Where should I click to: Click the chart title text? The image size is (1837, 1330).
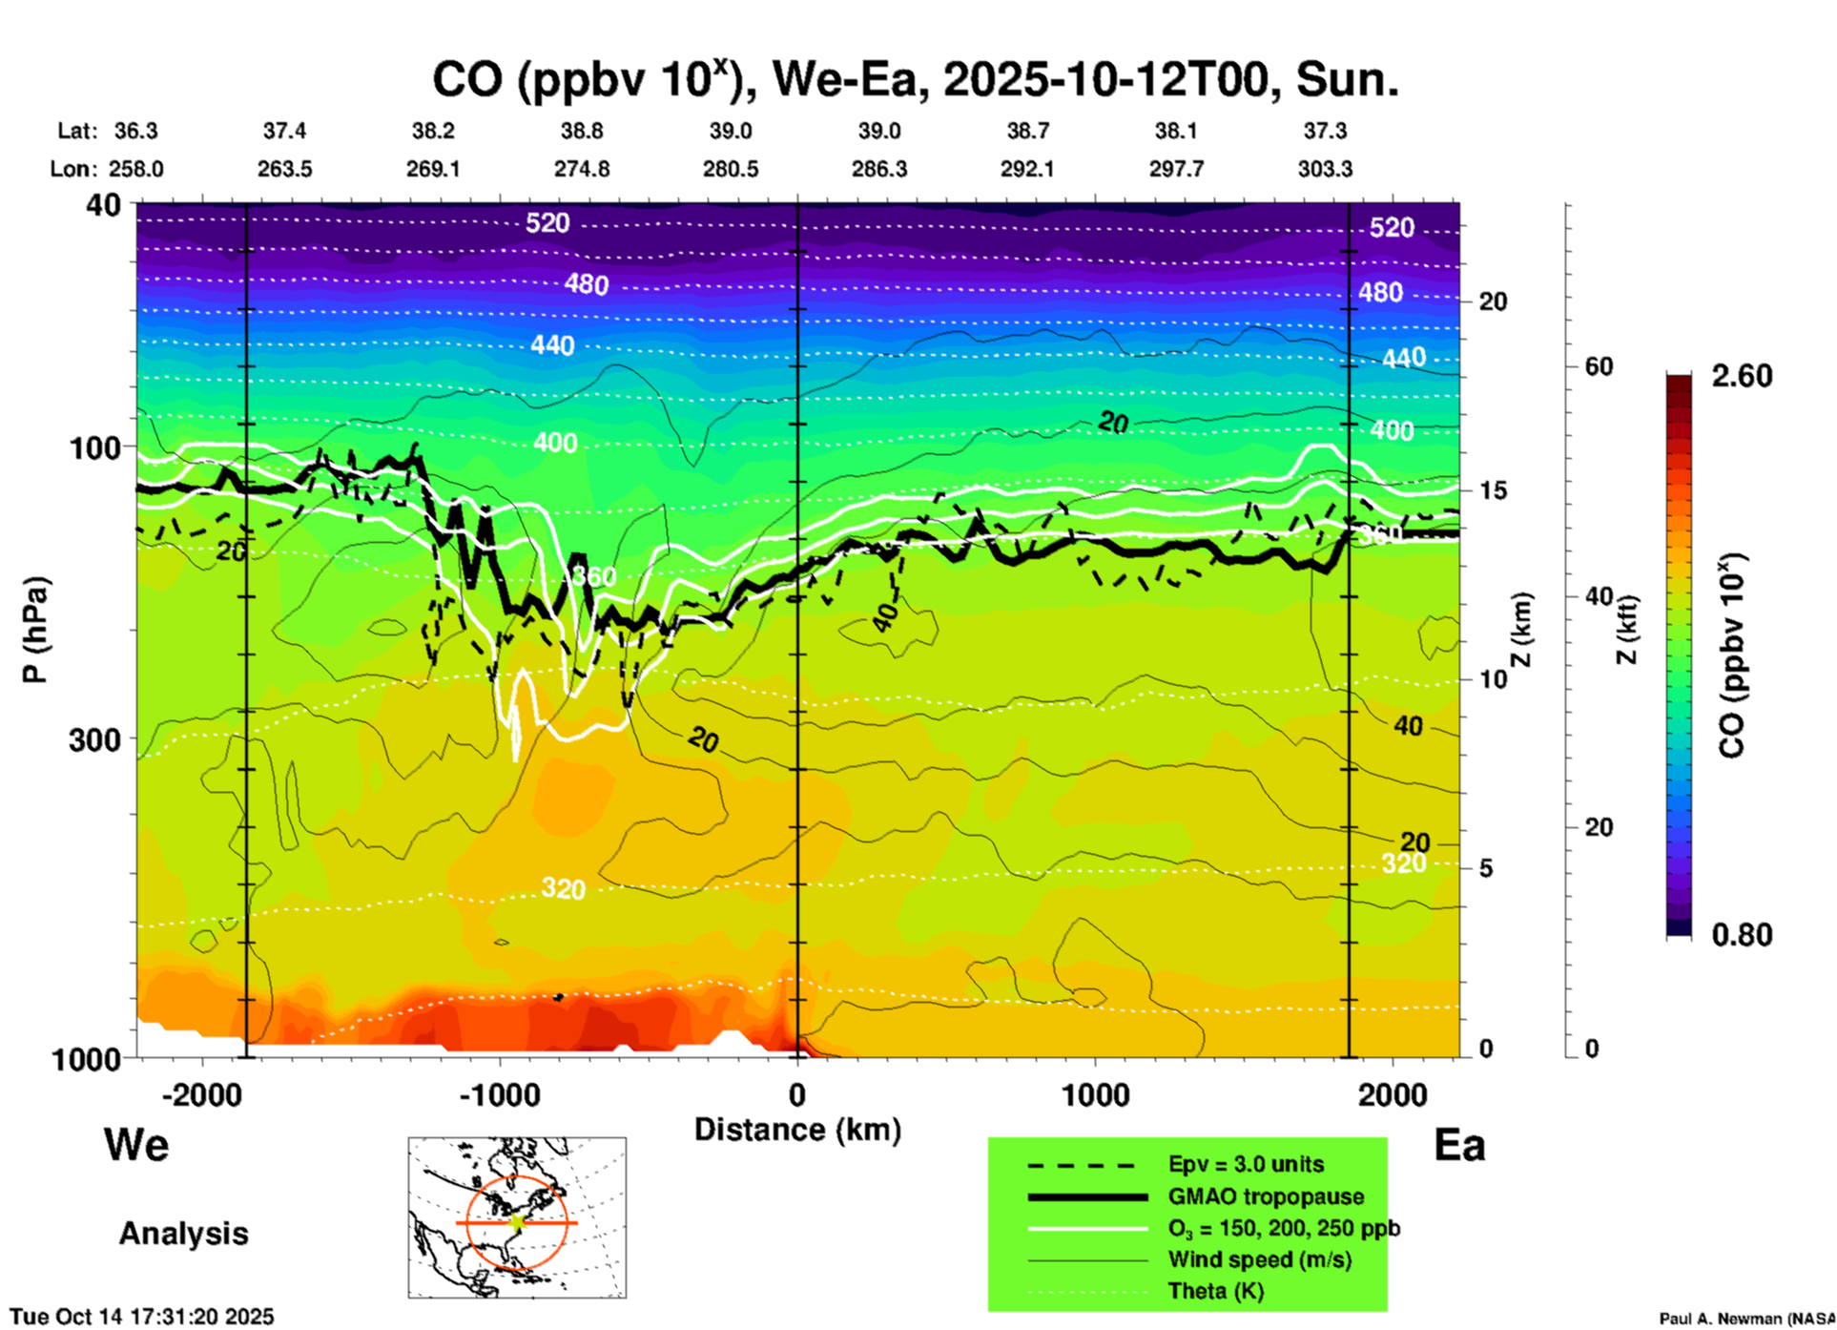pyautogui.click(x=915, y=79)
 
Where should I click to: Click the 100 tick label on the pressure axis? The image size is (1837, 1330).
pyautogui.click(x=95, y=447)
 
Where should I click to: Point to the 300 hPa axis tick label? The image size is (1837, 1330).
pyautogui.click(x=94, y=739)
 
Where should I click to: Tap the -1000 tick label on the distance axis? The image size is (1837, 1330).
pyautogui.click(x=499, y=1094)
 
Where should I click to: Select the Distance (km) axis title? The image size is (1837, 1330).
pyautogui.click(x=797, y=1130)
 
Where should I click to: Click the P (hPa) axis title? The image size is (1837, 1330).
pyautogui.click(x=35, y=630)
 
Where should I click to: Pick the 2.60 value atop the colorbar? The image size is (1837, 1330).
pyautogui.click(x=1742, y=376)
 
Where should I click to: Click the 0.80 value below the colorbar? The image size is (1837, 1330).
pyautogui.click(x=1742, y=934)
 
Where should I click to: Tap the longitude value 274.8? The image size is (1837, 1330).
pyautogui.click(x=582, y=169)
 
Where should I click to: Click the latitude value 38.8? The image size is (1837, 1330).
pyautogui.click(x=582, y=131)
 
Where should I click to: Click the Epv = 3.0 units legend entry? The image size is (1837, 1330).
pyautogui.click(x=1246, y=1164)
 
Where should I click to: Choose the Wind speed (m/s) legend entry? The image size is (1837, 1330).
pyautogui.click(x=1259, y=1259)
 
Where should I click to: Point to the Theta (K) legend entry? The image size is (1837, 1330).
pyautogui.click(x=1215, y=1291)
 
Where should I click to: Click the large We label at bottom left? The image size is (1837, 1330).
pyautogui.click(x=136, y=1145)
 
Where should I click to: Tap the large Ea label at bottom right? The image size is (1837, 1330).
pyautogui.click(x=1459, y=1145)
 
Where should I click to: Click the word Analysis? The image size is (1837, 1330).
pyautogui.click(x=183, y=1234)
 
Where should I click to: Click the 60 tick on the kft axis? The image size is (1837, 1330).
pyautogui.click(x=1599, y=366)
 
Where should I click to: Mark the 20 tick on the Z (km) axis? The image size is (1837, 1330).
pyautogui.click(x=1493, y=301)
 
